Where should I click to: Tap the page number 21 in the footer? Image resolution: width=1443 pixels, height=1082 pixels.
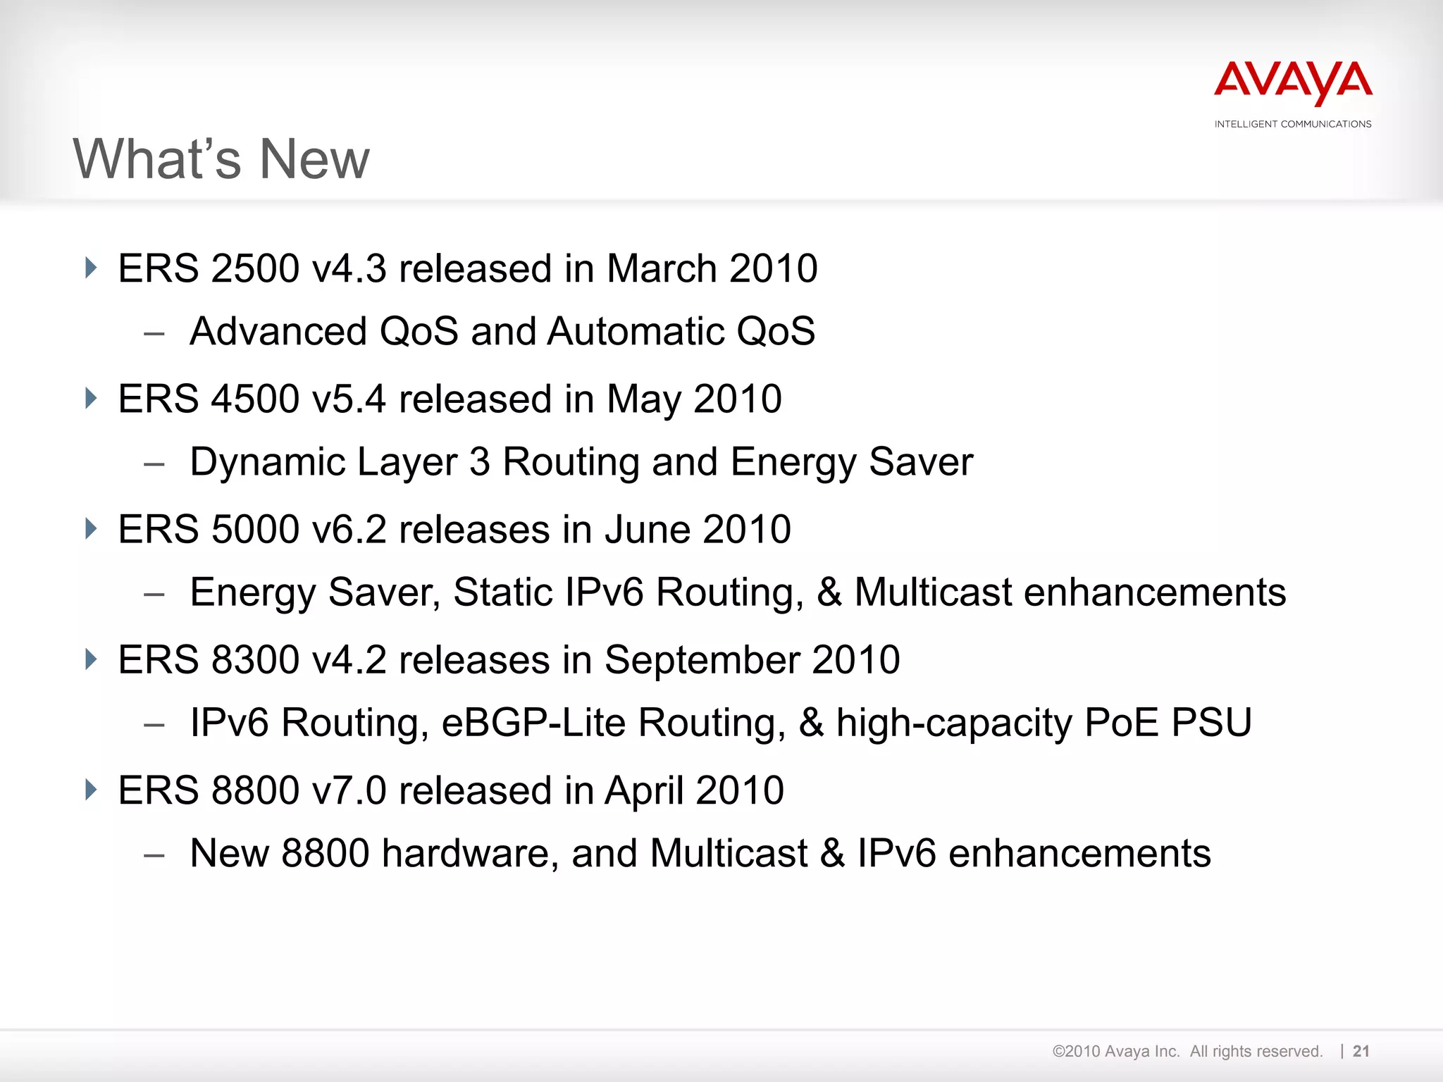pyautogui.click(x=1361, y=1051)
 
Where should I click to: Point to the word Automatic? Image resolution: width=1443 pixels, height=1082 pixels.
pyautogui.click(x=636, y=331)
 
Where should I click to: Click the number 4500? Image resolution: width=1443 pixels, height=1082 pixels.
pyautogui.click(x=254, y=399)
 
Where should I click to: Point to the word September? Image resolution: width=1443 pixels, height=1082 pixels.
pyautogui.click(x=702, y=661)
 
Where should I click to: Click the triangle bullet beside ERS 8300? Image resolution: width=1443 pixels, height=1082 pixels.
pyautogui.click(x=90, y=659)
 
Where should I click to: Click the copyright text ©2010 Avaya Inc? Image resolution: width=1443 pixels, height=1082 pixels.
pyautogui.click(x=1115, y=1051)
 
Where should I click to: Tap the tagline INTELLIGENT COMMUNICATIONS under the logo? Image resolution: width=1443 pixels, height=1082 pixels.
pyautogui.click(x=1293, y=124)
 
